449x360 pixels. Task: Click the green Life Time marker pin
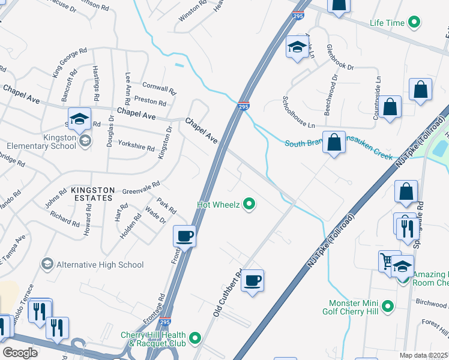click(413, 23)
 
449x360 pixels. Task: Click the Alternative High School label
click(99, 265)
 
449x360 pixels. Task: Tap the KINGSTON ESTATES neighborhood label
click(92, 193)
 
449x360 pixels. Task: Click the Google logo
click(20, 353)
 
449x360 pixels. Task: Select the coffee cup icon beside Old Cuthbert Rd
click(253, 280)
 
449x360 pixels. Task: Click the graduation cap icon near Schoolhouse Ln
click(296, 48)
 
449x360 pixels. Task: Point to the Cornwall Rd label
click(158, 88)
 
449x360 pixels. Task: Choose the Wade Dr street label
click(155, 216)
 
